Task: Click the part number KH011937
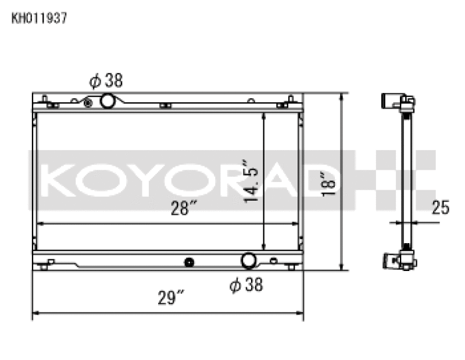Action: (40, 18)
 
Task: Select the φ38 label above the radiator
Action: (105, 81)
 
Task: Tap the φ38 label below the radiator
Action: (246, 286)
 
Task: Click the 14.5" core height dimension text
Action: (251, 181)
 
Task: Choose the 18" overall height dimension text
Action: (331, 181)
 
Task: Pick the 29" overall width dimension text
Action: (171, 298)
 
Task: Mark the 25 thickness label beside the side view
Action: (441, 208)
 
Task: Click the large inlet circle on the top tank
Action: (108, 101)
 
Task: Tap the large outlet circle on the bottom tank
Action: (249, 261)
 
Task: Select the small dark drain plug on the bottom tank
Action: (188, 262)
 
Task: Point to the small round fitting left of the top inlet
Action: (88, 103)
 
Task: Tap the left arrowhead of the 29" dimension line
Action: (35, 314)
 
